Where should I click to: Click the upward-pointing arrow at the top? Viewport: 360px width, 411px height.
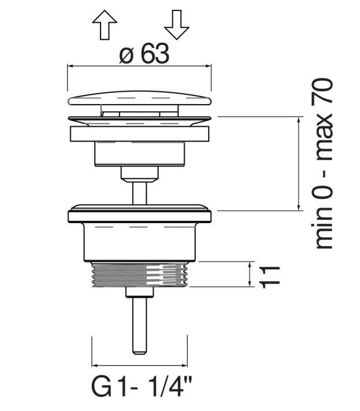click(105, 25)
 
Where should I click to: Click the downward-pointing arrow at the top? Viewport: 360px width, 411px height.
click(177, 25)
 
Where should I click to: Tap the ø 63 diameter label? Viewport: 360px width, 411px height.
click(144, 54)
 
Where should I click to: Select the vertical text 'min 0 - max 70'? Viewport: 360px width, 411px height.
click(322, 163)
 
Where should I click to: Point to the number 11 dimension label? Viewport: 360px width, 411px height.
click(270, 277)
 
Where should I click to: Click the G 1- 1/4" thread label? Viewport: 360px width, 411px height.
click(142, 387)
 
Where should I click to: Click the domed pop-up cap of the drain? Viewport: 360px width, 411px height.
click(139, 98)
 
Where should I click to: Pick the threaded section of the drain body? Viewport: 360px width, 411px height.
click(140, 275)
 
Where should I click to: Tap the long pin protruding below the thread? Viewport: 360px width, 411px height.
click(139, 326)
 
